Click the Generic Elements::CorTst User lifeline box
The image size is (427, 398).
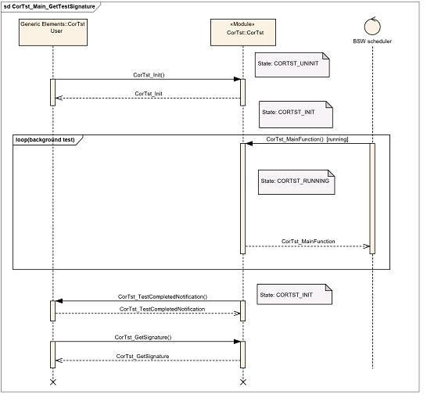tap(53, 32)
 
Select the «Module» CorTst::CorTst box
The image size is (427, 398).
tap(243, 32)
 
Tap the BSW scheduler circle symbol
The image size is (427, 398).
tap(372, 26)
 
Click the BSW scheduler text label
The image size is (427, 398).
tap(372, 41)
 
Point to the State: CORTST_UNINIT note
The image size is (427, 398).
tap(292, 65)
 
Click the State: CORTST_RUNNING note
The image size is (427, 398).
tap(296, 182)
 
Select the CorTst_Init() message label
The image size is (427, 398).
tap(149, 75)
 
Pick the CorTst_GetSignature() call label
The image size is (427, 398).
tap(143, 337)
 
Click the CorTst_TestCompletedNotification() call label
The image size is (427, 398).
tap(163, 296)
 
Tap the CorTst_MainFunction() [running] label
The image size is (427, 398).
tap(307, 139)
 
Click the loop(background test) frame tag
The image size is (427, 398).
tap(48, 140)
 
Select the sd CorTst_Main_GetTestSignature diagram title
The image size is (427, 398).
tap(51, 6)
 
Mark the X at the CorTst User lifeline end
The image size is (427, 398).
tap(53, 382)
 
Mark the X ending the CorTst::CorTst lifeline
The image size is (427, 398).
tap(243, 382)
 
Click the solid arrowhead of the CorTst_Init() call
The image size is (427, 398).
tap(237, 79)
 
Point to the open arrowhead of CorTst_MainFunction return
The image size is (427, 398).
tap(367, 246)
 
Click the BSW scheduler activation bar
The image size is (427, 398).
tap(372, 199)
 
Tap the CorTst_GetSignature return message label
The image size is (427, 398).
tap(142, 357)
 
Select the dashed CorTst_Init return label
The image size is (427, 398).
tap(149, 94)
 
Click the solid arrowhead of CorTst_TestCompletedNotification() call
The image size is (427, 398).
tap(59, 301)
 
